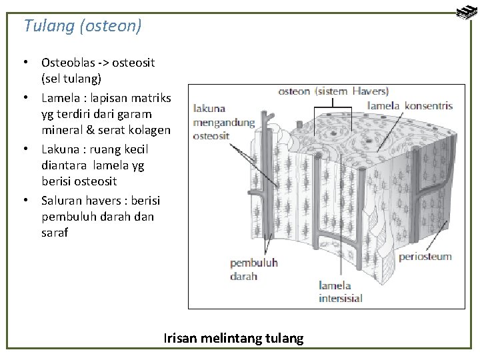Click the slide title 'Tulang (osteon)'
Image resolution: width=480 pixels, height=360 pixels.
coord(83,26)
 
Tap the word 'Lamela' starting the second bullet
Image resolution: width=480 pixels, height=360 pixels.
coord(59,98)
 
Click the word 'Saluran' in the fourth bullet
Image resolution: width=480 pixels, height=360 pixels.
coord(61,200)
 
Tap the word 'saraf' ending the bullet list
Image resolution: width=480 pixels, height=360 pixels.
coord(55,233)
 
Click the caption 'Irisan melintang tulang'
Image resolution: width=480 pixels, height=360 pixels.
coord(233,339)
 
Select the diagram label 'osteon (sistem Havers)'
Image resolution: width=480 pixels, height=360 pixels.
coord(333,91)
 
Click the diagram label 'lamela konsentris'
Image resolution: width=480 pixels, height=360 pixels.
coord(410,105)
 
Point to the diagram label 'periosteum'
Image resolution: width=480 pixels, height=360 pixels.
coord(425,257)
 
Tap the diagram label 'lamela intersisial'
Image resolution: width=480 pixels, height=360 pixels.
coord(340,292)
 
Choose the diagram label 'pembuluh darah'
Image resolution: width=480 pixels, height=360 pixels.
coord(253,269)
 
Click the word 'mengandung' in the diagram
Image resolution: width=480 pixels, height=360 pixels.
coord(224,122)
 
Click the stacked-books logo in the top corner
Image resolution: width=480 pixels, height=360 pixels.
coord(465,13)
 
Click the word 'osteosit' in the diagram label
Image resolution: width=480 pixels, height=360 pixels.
coord(211,135)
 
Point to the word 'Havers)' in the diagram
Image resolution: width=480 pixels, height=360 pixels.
coord(371,91)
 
